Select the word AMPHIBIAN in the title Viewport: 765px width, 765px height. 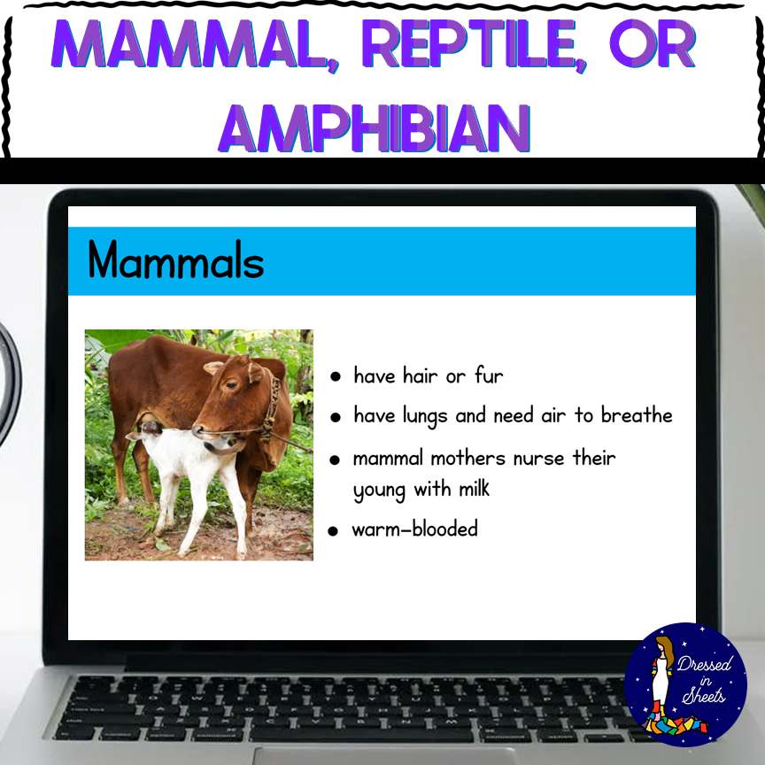click(375, 128)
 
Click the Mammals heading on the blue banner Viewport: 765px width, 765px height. click(176, 259)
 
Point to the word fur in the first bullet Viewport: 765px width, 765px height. click(489, 375)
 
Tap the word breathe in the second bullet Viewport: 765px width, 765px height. click(637, 414)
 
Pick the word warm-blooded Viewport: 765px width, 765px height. click(414, 529)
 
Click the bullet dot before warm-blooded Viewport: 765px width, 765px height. click(333, 531)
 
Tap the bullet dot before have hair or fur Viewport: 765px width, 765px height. click(336, 376)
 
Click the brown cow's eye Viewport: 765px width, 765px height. click(231, 385)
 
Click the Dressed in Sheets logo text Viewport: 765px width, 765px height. click(704, 680)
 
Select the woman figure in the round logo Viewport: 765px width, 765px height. click(662, 678)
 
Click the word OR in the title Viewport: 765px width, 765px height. click(653, 44)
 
